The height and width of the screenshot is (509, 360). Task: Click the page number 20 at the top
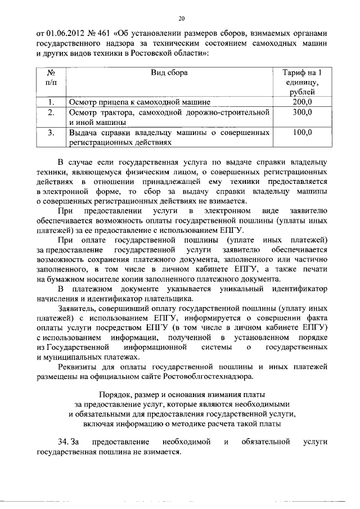pos(180,17)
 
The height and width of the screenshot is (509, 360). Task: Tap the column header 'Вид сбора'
pos(169,73)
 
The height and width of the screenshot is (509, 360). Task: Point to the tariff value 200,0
pos(303,102)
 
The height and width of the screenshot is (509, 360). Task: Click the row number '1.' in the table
pos(51,102)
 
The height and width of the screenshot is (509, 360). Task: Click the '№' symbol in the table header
pos(51,73)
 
